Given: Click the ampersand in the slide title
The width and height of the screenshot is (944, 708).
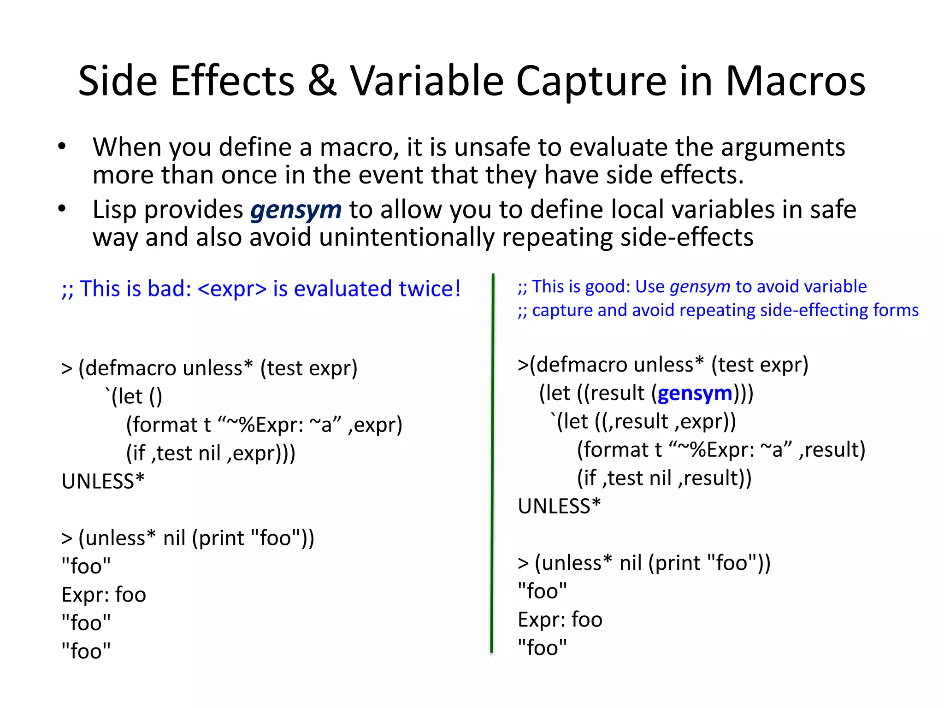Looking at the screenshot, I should click(x=322, y=81).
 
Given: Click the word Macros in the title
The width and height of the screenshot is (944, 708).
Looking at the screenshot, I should click(x=796, y=81).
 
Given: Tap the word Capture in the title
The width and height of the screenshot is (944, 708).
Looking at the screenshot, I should click(x=591, y=81).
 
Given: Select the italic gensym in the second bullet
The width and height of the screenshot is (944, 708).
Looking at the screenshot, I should click(x=296, y=210).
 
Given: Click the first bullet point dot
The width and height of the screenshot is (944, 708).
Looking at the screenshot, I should click(x=62, y=147).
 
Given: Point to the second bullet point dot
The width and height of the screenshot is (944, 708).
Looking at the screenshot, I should click(x=62, y=209).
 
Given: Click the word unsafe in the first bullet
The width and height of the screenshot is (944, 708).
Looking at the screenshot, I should click(x=493, y=147).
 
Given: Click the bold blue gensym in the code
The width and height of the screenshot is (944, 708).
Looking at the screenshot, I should click(x=695, y=394).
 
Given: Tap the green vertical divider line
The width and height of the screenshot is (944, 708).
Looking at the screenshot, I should click(x=492, y=461).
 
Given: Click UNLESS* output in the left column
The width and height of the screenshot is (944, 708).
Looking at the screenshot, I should click(x=103, y=482).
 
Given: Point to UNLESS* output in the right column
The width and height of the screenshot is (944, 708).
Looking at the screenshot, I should click(x=559, y=507).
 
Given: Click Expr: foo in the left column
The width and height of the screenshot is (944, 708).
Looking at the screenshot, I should click(x=104, y=595).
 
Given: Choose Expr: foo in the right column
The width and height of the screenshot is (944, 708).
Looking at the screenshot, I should click(x=560, y=620).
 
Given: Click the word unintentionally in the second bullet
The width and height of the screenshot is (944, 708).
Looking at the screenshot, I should click(x=406, y=238).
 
